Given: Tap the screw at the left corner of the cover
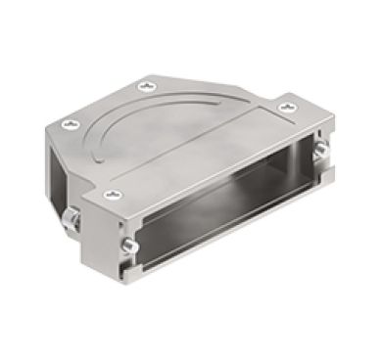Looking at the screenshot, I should [70, 123].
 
